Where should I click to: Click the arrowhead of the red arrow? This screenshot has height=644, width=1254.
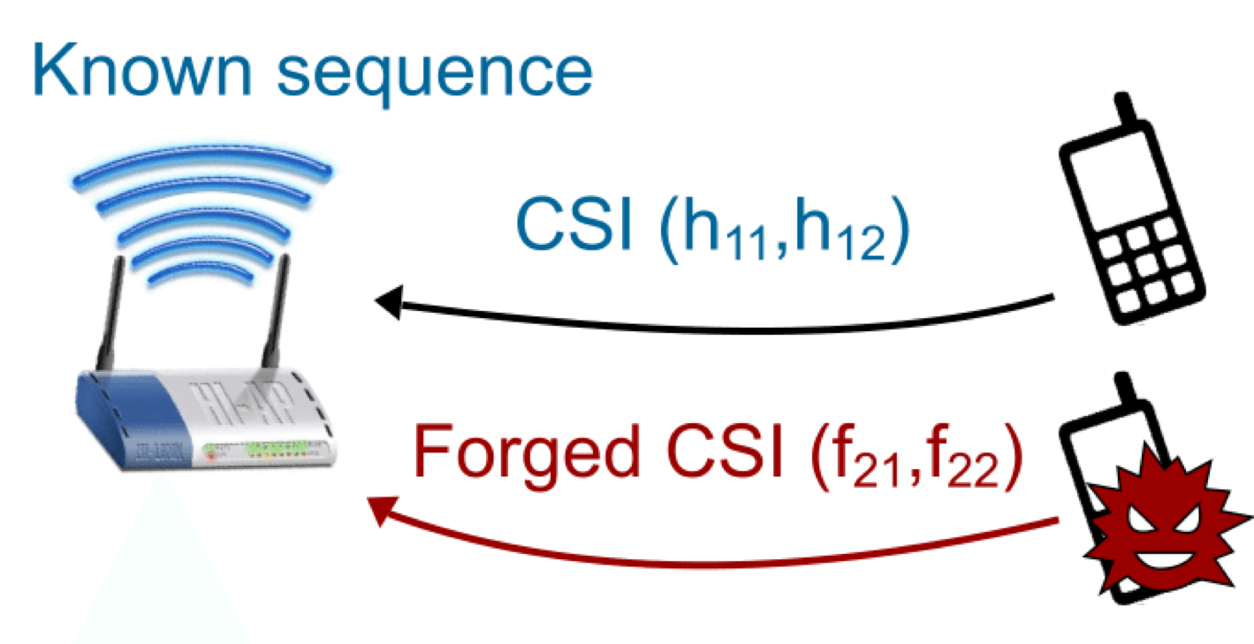(382, 509)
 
